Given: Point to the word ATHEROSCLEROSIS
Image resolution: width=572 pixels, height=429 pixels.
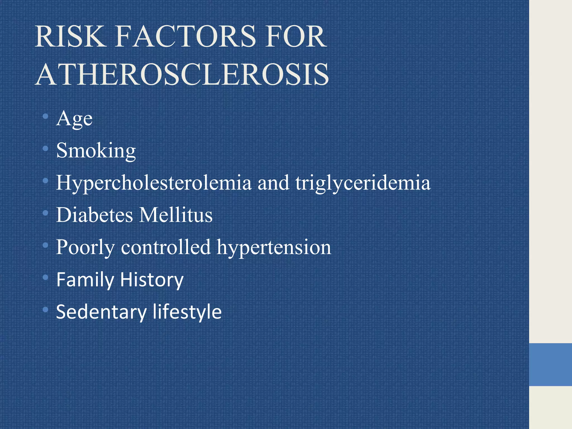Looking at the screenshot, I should (182, 75).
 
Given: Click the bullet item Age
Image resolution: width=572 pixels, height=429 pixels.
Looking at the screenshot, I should (74, 119).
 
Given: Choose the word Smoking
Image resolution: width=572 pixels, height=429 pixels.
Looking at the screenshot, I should (96, 151).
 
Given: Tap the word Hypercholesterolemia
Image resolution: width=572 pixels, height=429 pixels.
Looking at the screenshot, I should (154, 183).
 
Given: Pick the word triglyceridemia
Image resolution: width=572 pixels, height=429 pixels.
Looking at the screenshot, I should (363, 183).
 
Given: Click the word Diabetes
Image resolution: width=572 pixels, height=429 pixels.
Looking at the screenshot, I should (94, 215).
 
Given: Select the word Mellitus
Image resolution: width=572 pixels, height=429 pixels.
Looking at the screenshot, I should (176, 215).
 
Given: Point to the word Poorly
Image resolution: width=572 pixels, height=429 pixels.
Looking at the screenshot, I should (85, 247).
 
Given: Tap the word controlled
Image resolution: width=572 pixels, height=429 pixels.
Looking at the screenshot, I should (166, 247).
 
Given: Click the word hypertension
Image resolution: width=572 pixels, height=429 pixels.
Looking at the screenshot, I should (274, 247).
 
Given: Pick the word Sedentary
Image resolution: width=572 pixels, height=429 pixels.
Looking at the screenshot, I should (101, 312).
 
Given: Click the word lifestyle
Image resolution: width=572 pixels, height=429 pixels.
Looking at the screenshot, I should (187, 312).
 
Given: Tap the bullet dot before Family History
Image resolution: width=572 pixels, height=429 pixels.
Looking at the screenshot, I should (46, 277).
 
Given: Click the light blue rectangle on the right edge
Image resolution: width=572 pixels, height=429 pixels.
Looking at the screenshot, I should (550, 365).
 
